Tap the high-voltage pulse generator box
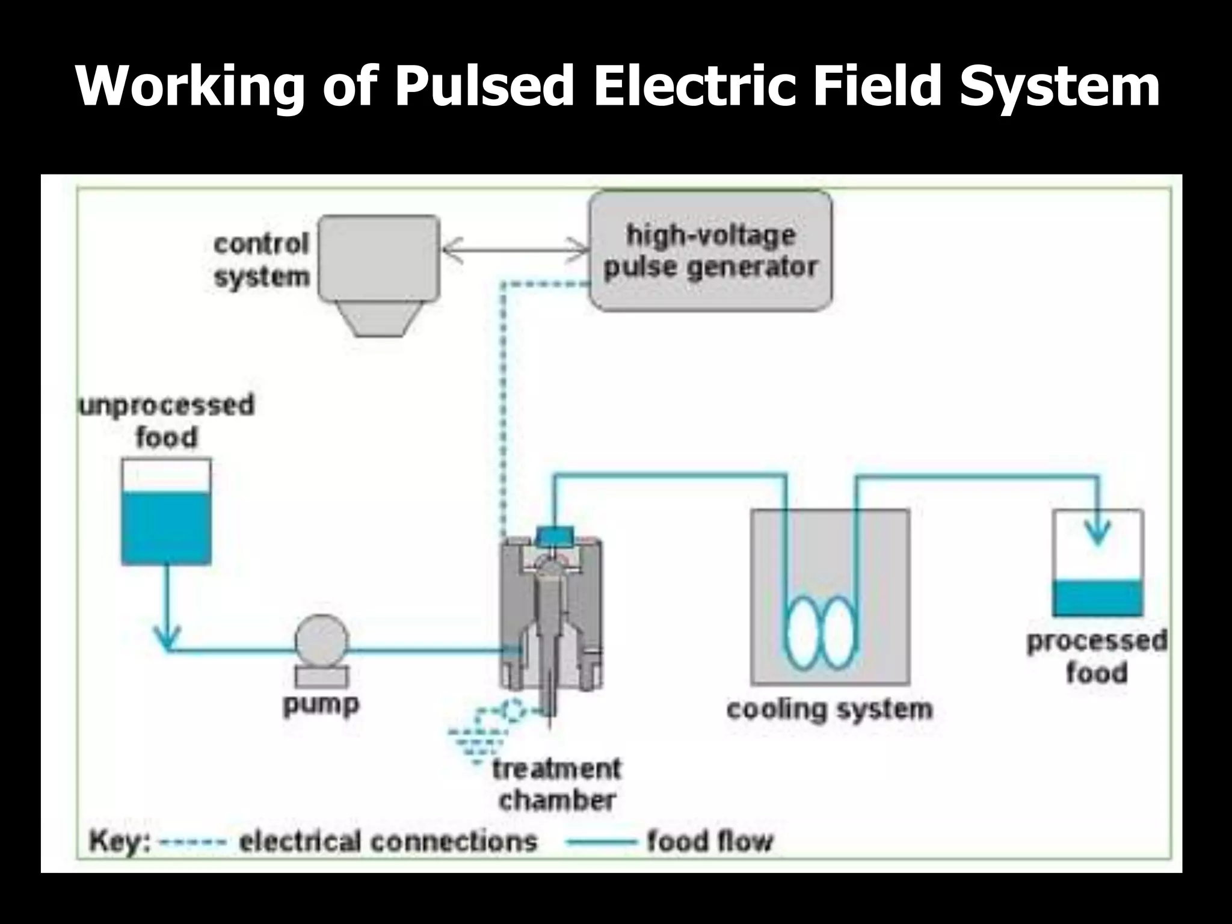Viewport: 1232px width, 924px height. pos(710,251)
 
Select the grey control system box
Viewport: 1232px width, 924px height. pos(378,259)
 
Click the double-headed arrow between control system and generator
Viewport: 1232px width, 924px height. pos(514,250)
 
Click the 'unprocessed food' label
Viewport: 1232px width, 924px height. pos(167,420)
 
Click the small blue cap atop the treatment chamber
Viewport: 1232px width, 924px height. pos(554,534)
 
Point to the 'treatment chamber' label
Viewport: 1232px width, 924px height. pos(556,784)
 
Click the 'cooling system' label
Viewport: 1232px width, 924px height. pos(830,709)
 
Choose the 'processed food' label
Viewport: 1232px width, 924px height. pos(1096,657)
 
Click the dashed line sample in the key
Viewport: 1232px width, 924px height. pos(192,842)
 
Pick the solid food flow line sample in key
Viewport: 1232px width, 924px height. pos(601,842)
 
